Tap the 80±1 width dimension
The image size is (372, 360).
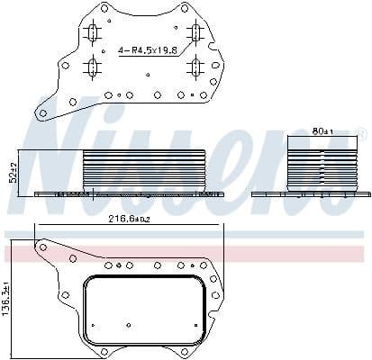click(322, 131)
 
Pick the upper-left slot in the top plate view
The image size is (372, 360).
click(91, 34)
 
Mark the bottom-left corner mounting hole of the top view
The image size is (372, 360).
click(41, 112)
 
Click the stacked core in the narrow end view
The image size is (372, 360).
click(321, 166)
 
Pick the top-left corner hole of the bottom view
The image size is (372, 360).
click(41, 245)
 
